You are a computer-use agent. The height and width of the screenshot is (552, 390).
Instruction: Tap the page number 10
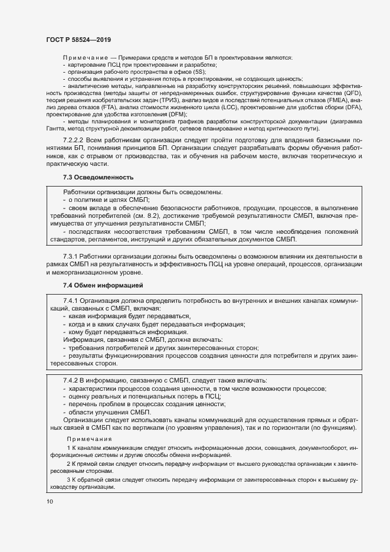point(50,501)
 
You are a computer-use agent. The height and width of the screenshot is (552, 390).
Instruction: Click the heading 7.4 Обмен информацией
point(103,286)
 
